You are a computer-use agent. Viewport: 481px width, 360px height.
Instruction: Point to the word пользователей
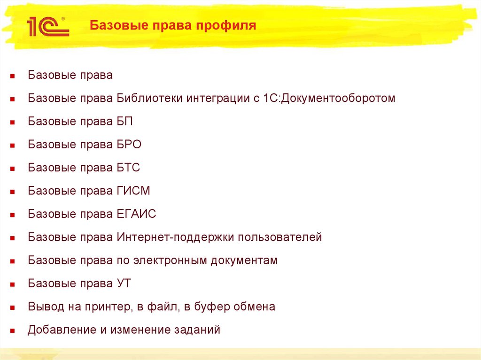point(279,237)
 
